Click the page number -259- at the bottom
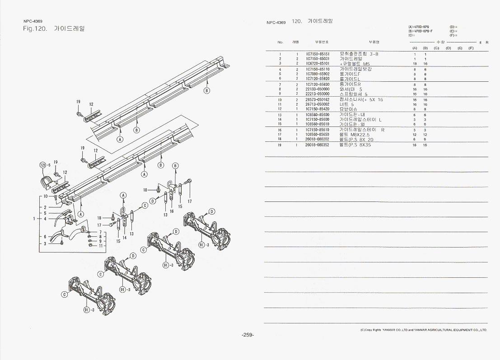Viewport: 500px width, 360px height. (248, 335)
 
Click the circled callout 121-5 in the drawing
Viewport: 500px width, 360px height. (44, 165)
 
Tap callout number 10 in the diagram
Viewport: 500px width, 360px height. (46, 196)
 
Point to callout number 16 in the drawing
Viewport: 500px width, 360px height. (172, 211)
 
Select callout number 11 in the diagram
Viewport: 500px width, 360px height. (101, 245)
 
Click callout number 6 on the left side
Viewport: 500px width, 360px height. (45, 237)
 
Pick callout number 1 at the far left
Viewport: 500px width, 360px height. (34, 219)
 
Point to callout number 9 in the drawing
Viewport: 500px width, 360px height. (101, 241)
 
